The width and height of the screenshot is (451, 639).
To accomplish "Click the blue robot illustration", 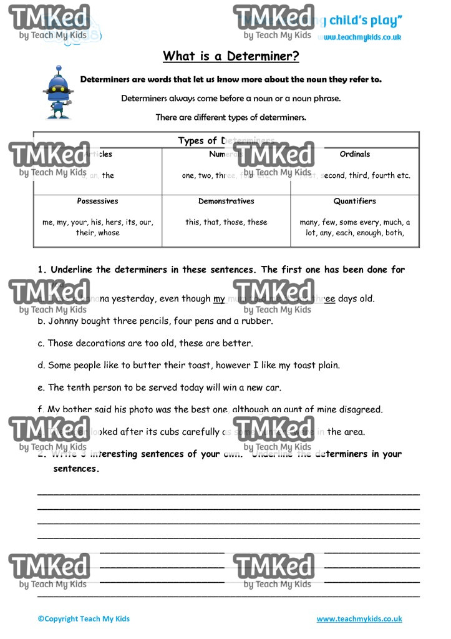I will click(59, 92).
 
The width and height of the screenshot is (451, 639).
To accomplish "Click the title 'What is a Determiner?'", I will click(231, 56).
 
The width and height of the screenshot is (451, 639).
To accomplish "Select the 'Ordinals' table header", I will click(354, 154).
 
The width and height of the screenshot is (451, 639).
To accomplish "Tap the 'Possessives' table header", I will click(97, 202).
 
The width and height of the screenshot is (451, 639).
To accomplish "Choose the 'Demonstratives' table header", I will click(226, 202).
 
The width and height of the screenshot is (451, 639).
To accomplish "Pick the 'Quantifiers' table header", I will click(354, 202).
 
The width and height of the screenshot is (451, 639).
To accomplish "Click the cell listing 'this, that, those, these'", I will click(226, 222).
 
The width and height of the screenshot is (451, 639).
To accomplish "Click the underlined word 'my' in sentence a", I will click(219, 299).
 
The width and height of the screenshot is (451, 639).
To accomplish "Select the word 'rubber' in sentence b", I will click(256, 321).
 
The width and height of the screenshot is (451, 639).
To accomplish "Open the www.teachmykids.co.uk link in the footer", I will click(359, 619).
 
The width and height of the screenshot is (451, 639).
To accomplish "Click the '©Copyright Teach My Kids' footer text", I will click(84, 619).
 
